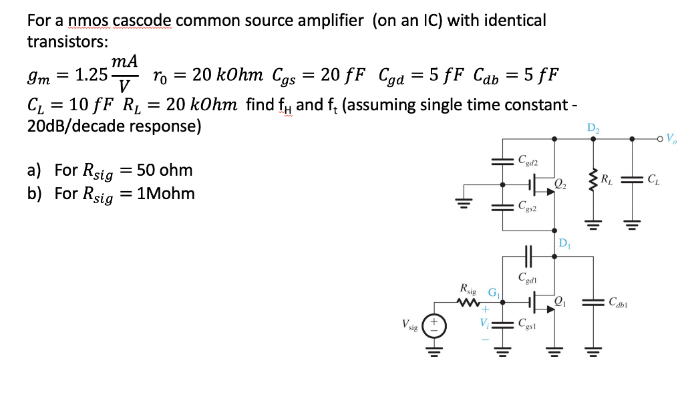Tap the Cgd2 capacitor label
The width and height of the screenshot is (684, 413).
click(x=528, y=160)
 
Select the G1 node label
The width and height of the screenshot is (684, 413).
click(x=493, y=291)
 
